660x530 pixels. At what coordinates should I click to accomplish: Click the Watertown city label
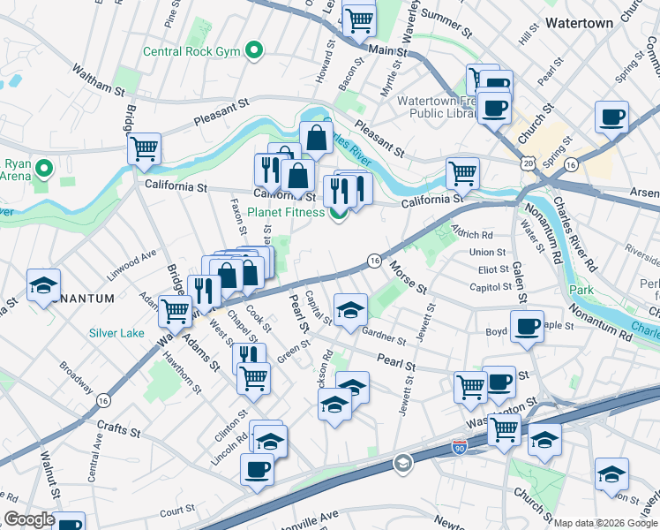coord(579,23)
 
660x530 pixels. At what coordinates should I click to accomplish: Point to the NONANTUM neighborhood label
coord(82,299)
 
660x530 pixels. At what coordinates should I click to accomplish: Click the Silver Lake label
coord(116,333)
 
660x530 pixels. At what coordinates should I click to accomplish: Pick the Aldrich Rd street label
coord(471,234)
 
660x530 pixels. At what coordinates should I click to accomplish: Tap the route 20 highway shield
coord(528,164)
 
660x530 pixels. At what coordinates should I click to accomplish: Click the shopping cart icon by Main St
coord(359,19)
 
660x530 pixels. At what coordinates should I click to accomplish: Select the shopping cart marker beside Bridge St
coord(144,148)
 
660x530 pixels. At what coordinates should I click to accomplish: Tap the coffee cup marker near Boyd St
coord(527,326)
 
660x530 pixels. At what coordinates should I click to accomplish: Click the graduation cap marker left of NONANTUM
coord(43,284)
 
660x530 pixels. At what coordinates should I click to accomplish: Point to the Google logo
coord(29,519)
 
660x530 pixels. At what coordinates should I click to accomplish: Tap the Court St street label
coord(176,510)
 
